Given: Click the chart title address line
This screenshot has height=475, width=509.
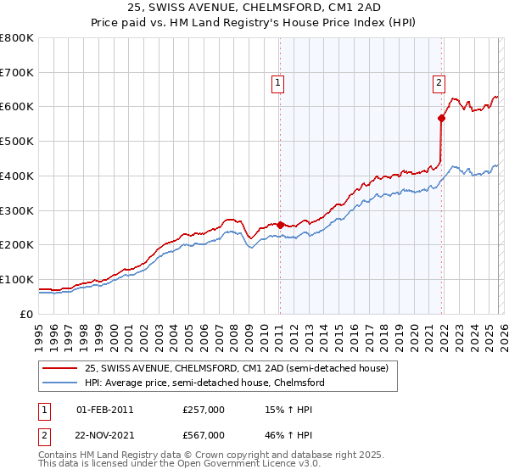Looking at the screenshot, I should coord(254,8).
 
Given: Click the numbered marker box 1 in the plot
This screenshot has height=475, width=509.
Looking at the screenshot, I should coord(278,82).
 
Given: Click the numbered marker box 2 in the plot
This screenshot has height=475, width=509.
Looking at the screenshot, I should coord(439,82).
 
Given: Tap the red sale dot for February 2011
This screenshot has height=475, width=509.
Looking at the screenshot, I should coord(280,225).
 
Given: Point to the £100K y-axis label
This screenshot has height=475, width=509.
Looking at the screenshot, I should coord(17,279).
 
